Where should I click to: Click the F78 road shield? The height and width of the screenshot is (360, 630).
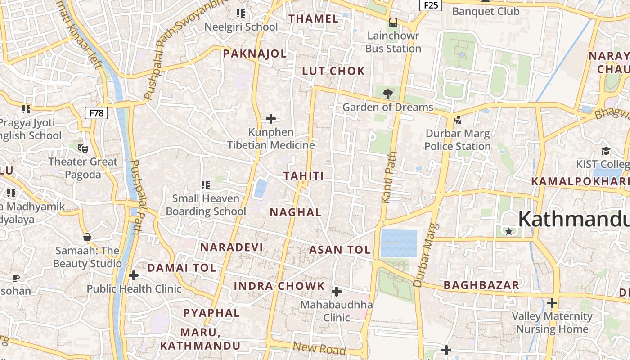tap(96, 113)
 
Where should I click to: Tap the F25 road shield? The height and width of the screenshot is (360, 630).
tap(431, 5)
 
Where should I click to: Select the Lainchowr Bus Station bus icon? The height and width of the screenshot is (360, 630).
tap(393, 22)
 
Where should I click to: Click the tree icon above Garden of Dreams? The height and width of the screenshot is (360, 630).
tap(387, 94)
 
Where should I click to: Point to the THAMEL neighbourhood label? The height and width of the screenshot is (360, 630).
tap(314, 19)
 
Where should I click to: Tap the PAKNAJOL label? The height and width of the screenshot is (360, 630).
tap(255, 54)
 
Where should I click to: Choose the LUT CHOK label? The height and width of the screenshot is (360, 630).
tap(333, 71)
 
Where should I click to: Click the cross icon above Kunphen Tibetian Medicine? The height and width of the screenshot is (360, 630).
tap(271, 119)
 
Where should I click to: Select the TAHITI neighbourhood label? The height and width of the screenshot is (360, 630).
tap(304, 176)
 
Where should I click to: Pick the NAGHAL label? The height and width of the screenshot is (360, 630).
tap(296, 212)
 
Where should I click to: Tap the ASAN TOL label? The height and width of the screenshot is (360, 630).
tap(340, 250)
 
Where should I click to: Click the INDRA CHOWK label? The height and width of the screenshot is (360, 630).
tap(279, 286)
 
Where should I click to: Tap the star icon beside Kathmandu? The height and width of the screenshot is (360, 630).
tap(509, 231)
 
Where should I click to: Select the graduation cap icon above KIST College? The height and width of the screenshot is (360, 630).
tap(606, 151)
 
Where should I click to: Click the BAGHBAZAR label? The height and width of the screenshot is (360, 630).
tap(481, 285)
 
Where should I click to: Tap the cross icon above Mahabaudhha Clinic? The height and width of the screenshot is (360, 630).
tap(337, 292)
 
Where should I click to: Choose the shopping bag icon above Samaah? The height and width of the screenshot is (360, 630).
tap(87, 237)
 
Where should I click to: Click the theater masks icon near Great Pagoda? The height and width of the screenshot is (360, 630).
tap(82, 148)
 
